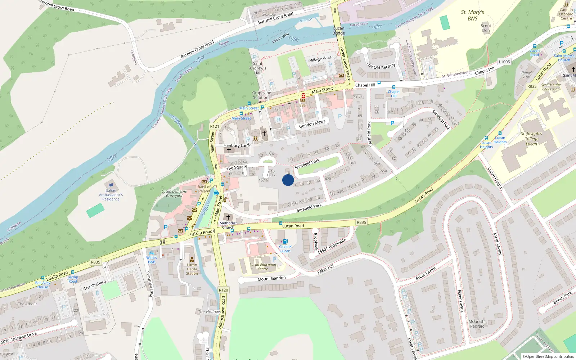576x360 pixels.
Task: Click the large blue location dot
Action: pos(288,180)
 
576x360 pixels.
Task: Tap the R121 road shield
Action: pos(215,126)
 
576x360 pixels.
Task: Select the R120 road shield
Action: pos(223,290)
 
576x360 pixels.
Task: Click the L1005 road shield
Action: pos(504,62)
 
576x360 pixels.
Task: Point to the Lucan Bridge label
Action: pos(339,31)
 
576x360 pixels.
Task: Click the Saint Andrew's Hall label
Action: pos(258,68)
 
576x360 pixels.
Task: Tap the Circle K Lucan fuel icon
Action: pos(285,241)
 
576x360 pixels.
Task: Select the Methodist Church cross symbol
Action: pos(228,217)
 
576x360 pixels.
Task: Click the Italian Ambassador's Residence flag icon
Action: pos(111,185)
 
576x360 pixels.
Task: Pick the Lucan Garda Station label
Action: pos(192,269)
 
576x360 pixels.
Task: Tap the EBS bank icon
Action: pos(303,100)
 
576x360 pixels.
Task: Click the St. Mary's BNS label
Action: pos(472,15)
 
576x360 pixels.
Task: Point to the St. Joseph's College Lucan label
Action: pos(531,139)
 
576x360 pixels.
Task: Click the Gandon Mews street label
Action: pos(312,124)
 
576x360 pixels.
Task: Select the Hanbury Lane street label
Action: pos(237,145)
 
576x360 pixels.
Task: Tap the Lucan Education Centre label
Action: pos(263,267)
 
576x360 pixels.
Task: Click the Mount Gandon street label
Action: pos(271,279)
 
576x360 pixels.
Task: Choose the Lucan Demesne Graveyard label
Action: pos(174,194)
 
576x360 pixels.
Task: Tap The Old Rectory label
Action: pos(381,66)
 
